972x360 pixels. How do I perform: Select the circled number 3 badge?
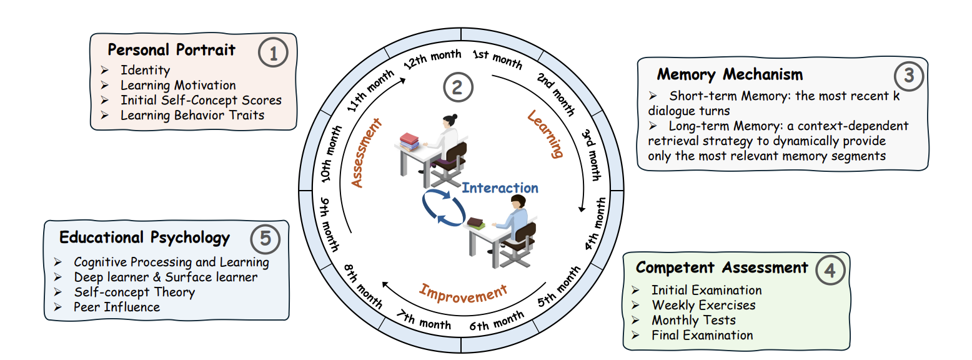point(908,76)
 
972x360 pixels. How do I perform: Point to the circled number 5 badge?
point(265,239)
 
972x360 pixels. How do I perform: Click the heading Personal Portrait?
point(171,50)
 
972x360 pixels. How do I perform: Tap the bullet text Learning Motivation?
point(178,85)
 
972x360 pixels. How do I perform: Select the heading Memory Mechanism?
point(729,75)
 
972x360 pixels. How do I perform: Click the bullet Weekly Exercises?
point(703,305)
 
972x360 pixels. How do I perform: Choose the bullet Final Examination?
point(702,335)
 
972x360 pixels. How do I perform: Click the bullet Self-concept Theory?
point(134,292)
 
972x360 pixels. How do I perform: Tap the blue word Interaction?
point(500,187)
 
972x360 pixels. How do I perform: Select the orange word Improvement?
point(463,292)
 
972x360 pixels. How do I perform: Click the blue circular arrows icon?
point(442,207)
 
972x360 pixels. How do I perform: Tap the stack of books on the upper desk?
point(410,141)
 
